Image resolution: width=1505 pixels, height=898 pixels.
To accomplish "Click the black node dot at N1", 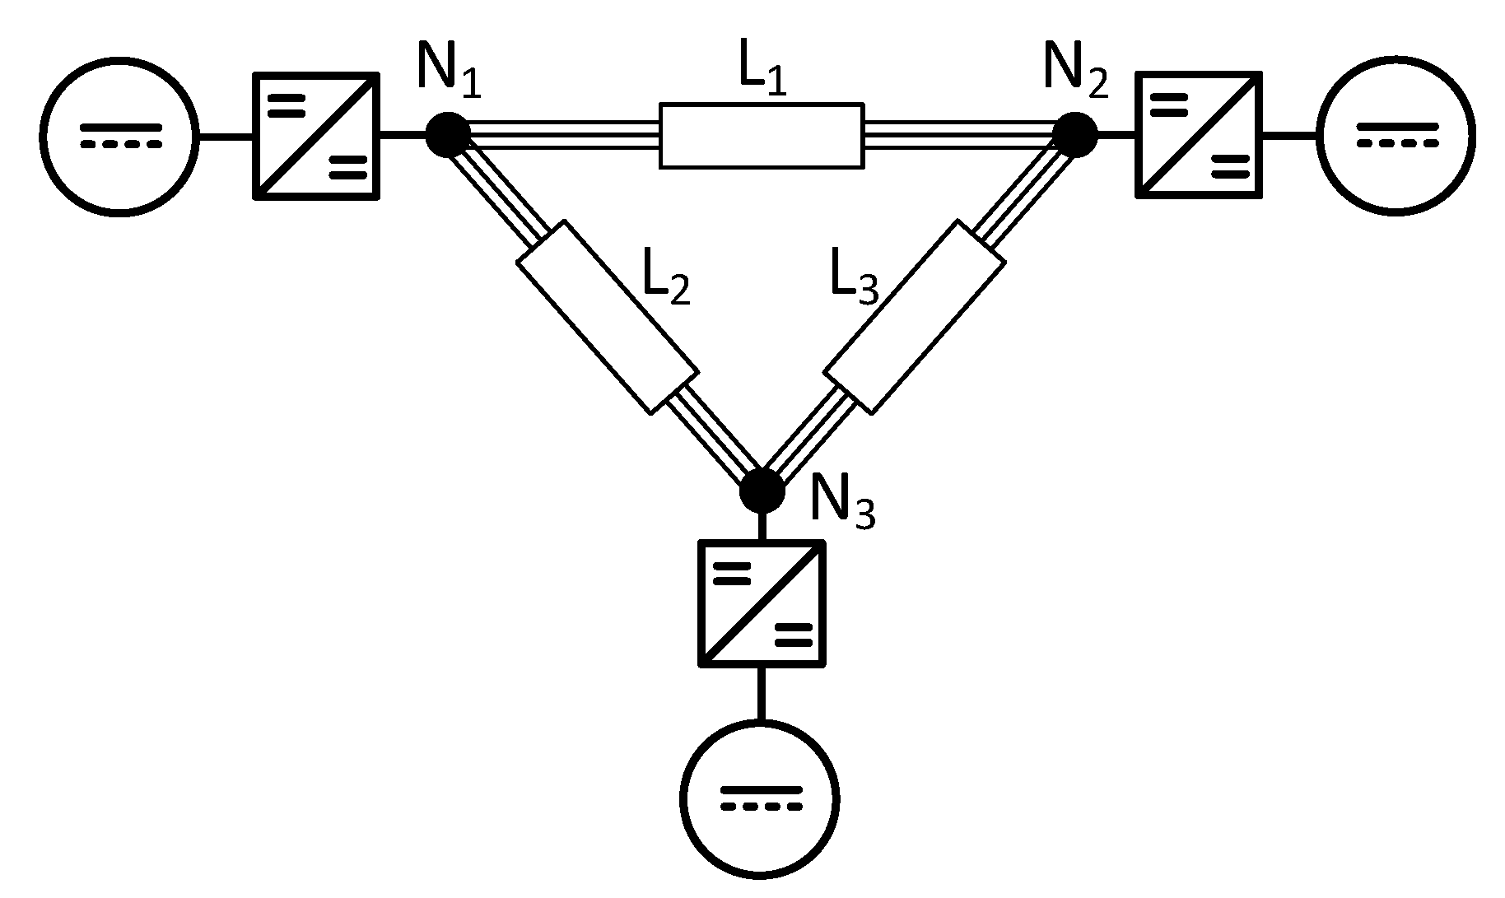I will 448,135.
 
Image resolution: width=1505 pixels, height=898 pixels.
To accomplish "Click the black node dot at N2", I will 1075,134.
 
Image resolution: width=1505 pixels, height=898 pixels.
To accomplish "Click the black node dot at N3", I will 762,491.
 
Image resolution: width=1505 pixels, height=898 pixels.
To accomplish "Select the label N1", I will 449,71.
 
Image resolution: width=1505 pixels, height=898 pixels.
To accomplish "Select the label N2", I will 1075,71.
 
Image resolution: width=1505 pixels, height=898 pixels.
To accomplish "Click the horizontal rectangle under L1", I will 762,136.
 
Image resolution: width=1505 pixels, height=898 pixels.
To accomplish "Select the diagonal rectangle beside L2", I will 608,317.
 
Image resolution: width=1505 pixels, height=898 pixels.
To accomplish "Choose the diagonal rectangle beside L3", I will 914,317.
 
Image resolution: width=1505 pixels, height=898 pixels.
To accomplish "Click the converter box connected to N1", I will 315,136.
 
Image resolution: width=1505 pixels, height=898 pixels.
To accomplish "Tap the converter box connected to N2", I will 1199,135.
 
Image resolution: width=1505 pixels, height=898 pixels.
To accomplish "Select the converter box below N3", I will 762,603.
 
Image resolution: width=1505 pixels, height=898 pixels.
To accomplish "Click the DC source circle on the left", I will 120,137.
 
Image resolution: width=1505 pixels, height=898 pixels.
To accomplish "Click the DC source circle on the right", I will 1396,136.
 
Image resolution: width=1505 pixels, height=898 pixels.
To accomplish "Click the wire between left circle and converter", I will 225,137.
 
